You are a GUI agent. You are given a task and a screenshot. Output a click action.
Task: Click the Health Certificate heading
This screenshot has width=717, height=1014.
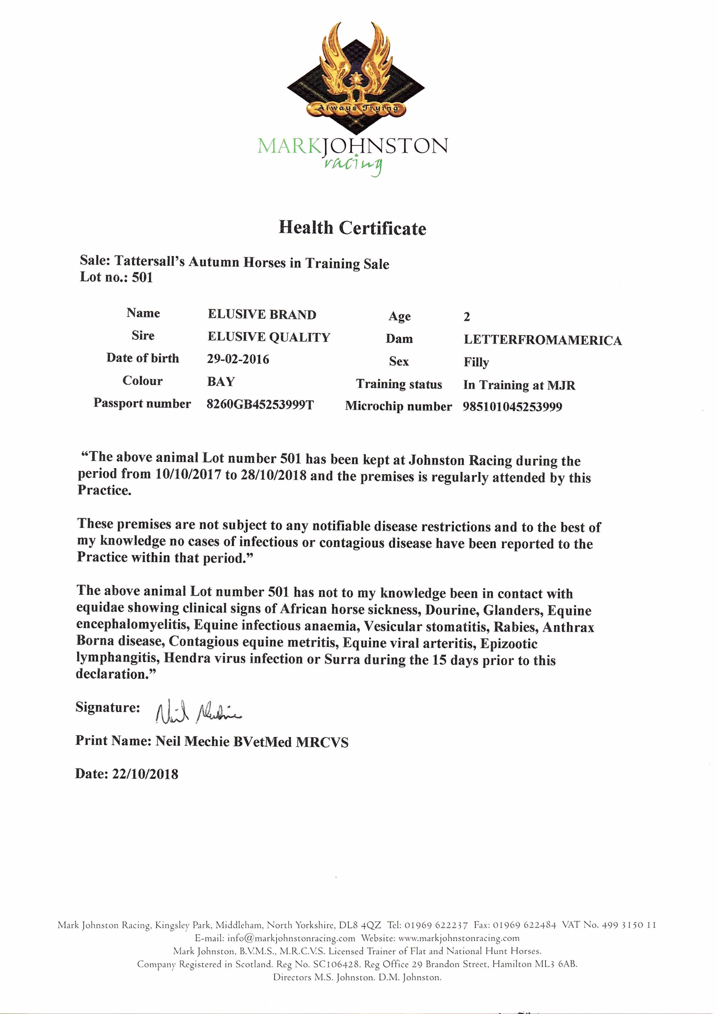tap(352, 228)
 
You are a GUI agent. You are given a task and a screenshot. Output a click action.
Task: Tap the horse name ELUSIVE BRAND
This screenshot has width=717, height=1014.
tap(262, 315)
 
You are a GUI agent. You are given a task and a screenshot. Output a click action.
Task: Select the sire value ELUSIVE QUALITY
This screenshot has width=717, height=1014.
tap(269, 337)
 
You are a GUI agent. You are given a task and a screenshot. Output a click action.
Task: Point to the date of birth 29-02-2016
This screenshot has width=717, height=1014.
tap(238, 359)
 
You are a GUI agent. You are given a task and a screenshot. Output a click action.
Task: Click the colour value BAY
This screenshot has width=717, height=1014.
tap(221, 381)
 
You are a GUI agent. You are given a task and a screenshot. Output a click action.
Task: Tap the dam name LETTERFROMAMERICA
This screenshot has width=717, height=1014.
tap(543, 340)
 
